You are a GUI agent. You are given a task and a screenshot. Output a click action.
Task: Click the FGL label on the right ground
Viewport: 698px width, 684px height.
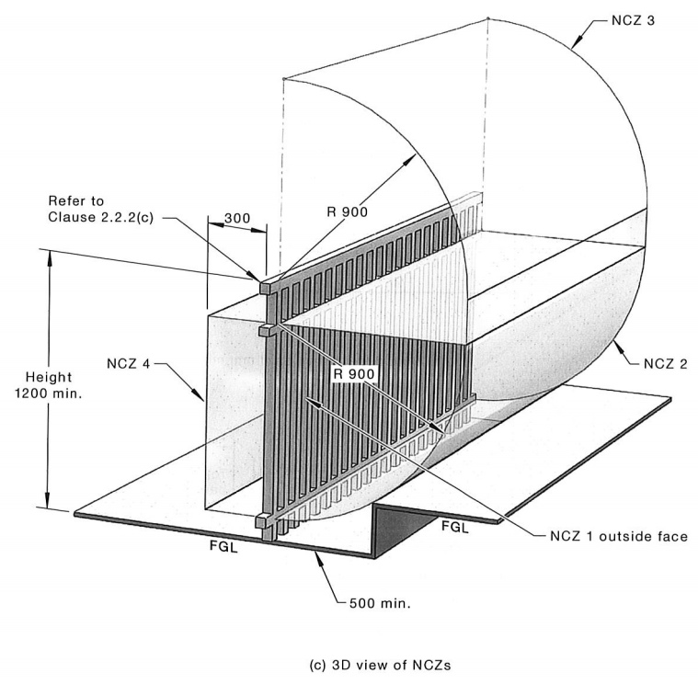pos(456,527)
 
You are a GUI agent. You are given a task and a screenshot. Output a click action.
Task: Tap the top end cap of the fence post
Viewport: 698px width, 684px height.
pos(266,287)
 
